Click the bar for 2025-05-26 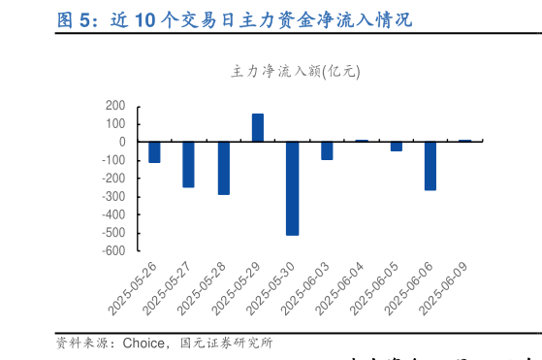tap(154, 151)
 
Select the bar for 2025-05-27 tap(188, 164)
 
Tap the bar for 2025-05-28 tap(223, 168)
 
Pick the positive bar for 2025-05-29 tap(258, 128)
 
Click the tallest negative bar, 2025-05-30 tap(292, 188)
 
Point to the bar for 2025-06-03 tap(327, 150)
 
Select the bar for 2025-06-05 tap(396, 147)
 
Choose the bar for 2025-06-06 tap(430, 166)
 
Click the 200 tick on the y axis tap(115, 106)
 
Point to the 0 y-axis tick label tap(122, 142)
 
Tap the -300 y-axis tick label tap(112, 196)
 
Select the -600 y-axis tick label tap(112, 250)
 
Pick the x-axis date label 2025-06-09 tap(445, 288)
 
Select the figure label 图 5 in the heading tap(74, 19)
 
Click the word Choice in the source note tap(143, 343)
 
